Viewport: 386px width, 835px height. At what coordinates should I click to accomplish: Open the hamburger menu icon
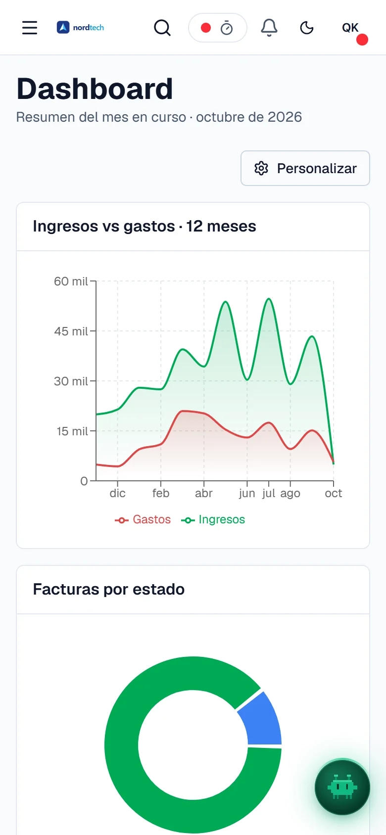[x=30, y=28]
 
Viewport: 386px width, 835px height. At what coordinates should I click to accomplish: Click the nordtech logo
[x=80, y=27]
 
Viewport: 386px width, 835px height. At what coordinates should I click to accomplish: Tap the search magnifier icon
[x=162, y=28]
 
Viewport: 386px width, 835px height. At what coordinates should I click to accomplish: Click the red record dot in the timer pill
[x=206, y=28]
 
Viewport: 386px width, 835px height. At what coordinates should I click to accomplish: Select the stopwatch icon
[x=226, y=28]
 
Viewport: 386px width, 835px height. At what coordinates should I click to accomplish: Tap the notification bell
[x=269, y=28]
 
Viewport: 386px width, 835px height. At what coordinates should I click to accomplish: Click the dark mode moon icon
[x=306, y=28]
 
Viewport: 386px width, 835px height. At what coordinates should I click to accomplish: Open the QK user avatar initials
[x=350, y=28]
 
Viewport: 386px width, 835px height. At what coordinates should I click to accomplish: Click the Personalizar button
[x=305, y=168]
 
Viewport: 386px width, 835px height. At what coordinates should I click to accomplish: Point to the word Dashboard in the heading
[x=95, y=89]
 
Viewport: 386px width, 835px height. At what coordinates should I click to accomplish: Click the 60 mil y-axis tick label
[x=71, y=281]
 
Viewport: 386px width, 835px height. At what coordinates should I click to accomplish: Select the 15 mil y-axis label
[x=72, y=431]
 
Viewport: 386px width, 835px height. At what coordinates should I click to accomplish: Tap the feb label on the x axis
[x=161, y=493]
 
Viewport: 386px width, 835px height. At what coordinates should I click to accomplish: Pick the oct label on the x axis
[x=334, y=493]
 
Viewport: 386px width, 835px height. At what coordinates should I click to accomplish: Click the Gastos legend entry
[x=143, y=519]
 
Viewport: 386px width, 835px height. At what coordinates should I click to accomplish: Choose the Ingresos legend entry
[x=213, y=519]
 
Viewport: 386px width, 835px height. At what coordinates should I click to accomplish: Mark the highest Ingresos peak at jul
[x=269, y=299]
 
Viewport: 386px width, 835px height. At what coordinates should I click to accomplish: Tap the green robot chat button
[x=342, y=788]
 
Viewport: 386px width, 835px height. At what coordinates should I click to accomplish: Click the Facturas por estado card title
[x=108, y=589]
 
